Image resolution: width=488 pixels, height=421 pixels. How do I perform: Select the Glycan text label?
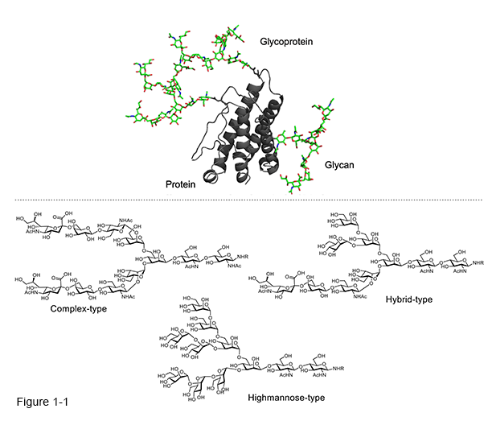(342, 164)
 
